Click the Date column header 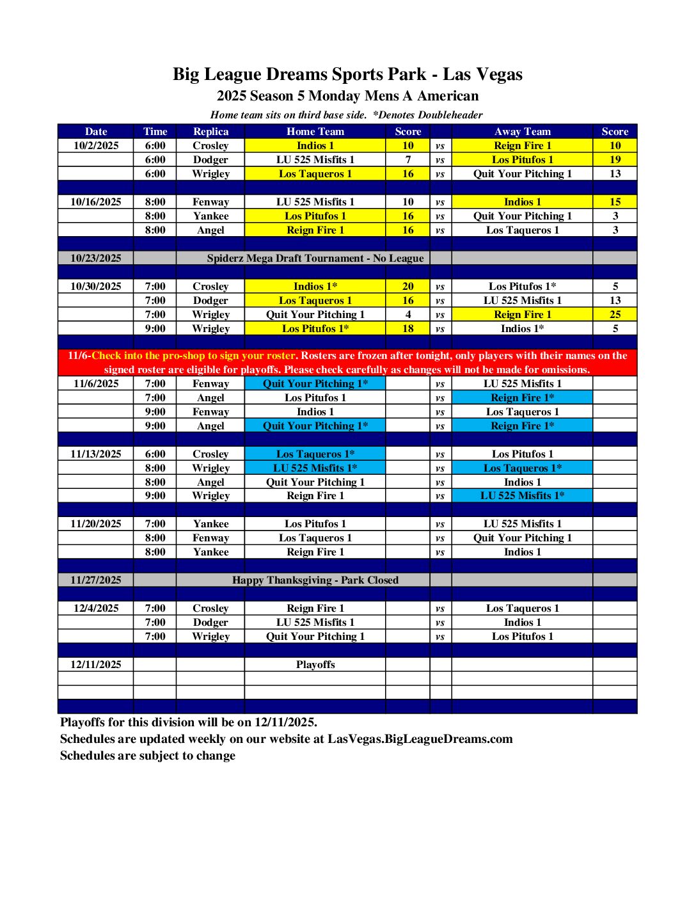96,131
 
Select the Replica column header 210,131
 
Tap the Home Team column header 315,131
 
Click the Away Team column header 522,131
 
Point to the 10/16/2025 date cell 96,202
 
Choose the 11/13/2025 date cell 96,454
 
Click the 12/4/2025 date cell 96,608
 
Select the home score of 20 407,286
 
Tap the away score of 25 615,314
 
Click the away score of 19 615,159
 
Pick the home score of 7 407,159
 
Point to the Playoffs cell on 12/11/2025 315,664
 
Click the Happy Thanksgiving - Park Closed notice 315,580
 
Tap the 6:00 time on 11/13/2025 155,454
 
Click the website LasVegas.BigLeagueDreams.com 420,739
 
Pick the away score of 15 615,202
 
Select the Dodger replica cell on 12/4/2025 210,622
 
